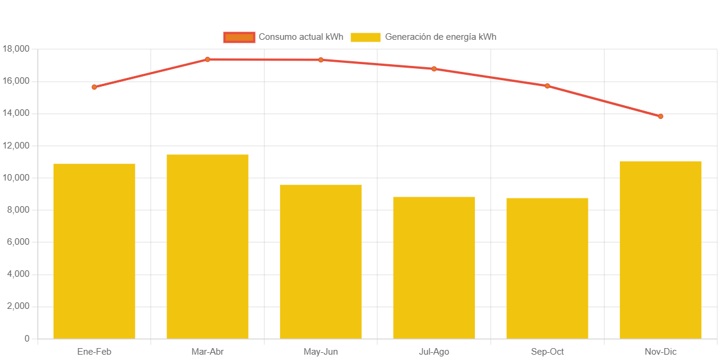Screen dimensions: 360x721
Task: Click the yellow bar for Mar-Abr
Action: [207, 247]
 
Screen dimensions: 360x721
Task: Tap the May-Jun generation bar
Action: [321, 261]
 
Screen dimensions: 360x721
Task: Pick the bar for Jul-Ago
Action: [434, 267]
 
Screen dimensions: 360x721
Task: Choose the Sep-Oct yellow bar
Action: [547, 268]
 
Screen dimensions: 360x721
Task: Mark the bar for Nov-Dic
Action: [660, 250]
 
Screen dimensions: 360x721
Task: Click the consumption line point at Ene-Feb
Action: [95, 87]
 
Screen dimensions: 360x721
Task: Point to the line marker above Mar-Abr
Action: [207, 59]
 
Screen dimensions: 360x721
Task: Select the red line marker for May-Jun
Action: [321, 60]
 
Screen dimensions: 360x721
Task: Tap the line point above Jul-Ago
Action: [434, 69]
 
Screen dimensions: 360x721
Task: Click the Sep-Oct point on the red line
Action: [547, 86]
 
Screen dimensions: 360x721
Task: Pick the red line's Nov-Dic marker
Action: [660, 116]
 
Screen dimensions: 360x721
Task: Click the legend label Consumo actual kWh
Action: [301, 37]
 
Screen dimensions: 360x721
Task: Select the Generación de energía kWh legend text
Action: [440, 37]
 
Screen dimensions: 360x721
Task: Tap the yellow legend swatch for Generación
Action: [366, 37]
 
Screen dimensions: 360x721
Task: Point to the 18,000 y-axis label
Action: [16, 49]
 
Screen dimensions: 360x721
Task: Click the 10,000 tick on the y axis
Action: [16, 178]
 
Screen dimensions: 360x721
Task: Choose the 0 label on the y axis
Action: [27, 339]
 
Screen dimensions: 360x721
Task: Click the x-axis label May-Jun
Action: [321, 352]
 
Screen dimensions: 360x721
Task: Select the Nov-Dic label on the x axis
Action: [660, 352]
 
